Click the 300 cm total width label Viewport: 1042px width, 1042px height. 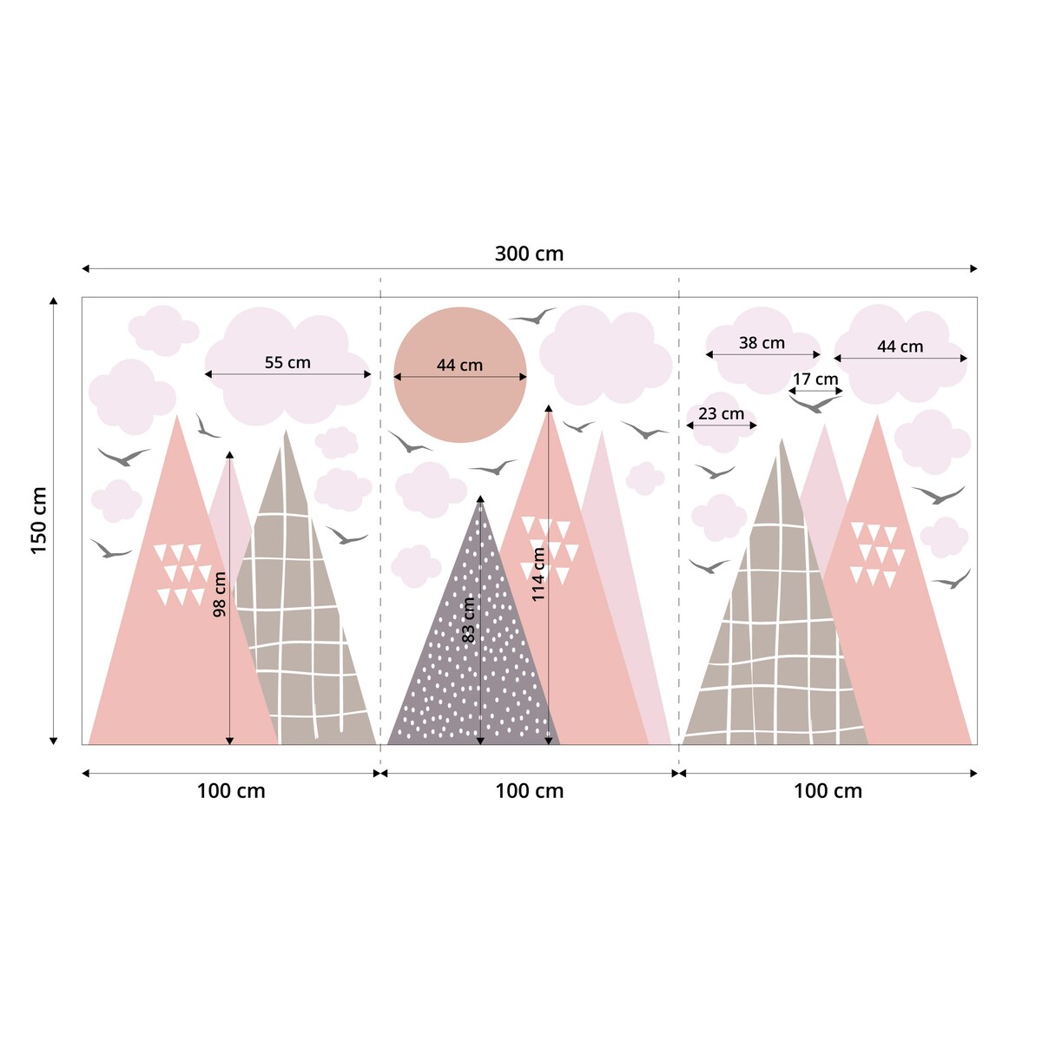click(529, 254)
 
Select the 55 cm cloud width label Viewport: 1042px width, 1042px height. click(287, 362)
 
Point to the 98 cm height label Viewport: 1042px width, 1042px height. click(220, 594)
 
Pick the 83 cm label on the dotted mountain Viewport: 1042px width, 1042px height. click(469, 620)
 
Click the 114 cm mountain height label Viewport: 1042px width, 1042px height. click(538, 574)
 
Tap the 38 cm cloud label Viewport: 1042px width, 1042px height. click(762, 343)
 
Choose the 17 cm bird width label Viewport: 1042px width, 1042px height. click(815, 379)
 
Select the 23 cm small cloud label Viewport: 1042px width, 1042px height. click(721, 413)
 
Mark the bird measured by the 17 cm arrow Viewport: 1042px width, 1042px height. click(814, 404)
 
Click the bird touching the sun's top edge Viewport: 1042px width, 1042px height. click(532, 316)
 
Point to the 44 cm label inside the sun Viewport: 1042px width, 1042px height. click(459, 366)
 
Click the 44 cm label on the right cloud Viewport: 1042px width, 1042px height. click(900, 346)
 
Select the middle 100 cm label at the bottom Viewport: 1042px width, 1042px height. click(529, 791)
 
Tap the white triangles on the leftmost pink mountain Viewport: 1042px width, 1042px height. click(181, 573)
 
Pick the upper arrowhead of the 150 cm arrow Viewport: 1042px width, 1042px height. click(54, 301)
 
